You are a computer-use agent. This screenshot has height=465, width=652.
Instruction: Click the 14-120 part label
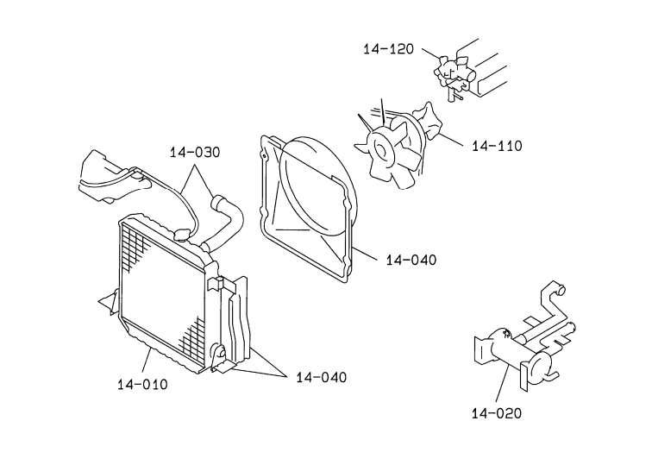(389, 49)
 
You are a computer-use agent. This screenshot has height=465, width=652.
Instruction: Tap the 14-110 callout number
(497, 146)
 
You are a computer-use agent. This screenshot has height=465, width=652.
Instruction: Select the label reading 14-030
(195, 152)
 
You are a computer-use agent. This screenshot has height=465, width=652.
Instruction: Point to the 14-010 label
(142, 384)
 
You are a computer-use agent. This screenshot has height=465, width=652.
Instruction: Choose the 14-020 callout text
(497, 413)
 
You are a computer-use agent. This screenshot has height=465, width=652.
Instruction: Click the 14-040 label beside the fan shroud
(411, 260)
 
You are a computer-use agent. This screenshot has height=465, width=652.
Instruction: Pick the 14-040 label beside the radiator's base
(322, 377)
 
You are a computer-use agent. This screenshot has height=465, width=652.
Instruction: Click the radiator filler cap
(182, 235)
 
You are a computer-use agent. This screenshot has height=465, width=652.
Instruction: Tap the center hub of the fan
(381, 149)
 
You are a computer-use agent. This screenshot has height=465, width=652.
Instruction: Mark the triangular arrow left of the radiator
(107, 302)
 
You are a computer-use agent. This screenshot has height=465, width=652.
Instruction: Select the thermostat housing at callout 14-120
(454, 72)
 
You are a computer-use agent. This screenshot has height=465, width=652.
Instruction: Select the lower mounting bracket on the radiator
(220, 359)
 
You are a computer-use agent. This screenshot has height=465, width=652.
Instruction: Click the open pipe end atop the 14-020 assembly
(561, 289)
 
